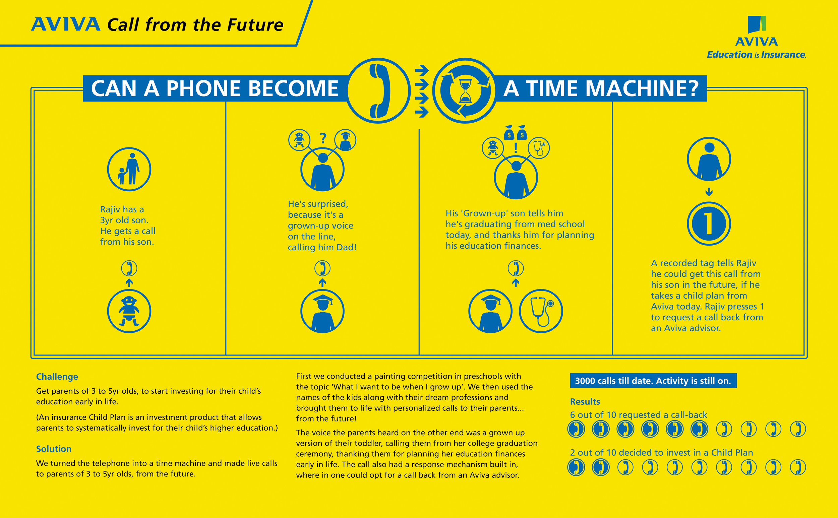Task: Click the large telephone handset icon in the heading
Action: click(378, 91)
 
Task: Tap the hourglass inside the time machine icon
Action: click(465, 91)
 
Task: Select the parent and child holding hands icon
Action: click(129, 169)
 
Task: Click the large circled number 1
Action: click(709, 223)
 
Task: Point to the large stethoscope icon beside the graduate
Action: click(540, 311)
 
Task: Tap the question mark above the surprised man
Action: click(322, 138)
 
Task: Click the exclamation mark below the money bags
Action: click(516, 148)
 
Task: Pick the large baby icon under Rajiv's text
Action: click(129, 311)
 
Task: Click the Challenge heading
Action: click(57, 377)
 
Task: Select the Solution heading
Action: click(54, 449)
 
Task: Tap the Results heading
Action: click(585, 401)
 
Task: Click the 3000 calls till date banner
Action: click(653, 381)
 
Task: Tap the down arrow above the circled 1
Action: click(709, 192)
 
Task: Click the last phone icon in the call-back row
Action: click(797, 429)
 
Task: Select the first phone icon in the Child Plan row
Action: click(576, 467)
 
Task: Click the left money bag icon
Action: click(509, 133)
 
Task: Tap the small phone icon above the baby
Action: click(129, 268)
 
